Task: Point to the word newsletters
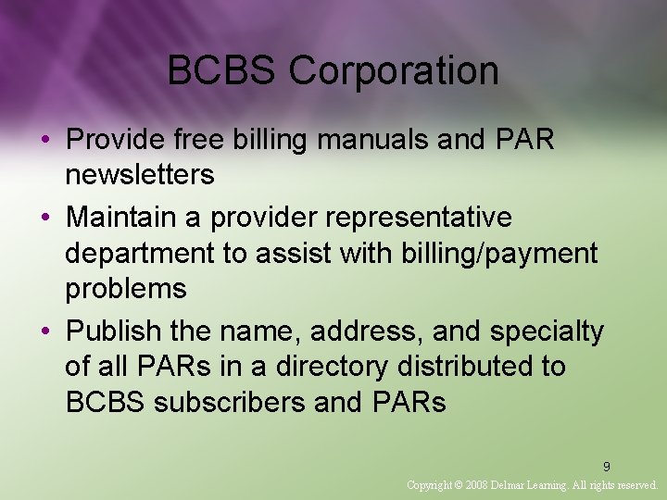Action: pyautogui.click(x=139, y=174)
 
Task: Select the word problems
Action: pyautogui.click(x=125, y=288)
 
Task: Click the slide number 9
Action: pyautogui.click(x=607, y=467)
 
